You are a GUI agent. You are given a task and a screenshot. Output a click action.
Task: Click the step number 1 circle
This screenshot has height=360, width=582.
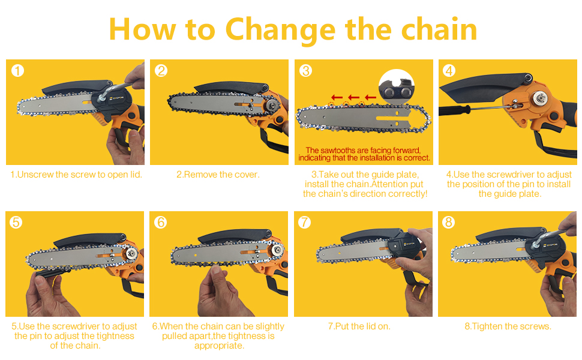click(x=18, y=71)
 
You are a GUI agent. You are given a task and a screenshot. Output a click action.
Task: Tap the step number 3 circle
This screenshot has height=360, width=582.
click(x=306, y=71)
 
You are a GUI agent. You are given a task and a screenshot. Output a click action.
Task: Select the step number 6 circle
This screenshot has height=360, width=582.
click(x=160, y=222)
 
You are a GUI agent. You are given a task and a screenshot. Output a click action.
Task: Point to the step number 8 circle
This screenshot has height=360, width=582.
click(x=449, y=222)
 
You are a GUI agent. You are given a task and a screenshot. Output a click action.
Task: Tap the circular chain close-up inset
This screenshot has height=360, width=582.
click(x=397, y=88)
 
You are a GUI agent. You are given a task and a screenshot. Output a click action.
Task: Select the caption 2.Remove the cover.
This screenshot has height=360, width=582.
click(x=218, y=175)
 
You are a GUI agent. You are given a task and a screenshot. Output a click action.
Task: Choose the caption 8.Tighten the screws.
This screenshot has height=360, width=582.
click(x=508, y=326)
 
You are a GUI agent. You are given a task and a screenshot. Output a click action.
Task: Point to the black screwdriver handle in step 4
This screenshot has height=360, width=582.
click(x=463, y=112)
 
